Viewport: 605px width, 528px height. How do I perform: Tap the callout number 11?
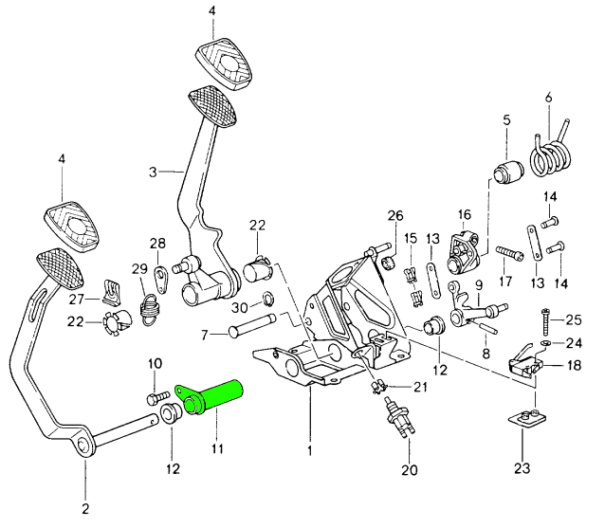(216, 446)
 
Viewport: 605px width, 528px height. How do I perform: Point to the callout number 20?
(409, 470)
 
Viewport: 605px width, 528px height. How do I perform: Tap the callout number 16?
(465, 215)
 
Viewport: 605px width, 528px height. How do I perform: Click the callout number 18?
(575, 364)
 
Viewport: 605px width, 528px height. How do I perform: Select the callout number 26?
(395, 215)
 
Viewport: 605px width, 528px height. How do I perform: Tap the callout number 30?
(241, 308)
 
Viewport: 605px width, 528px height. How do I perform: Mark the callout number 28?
(156, 244)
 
